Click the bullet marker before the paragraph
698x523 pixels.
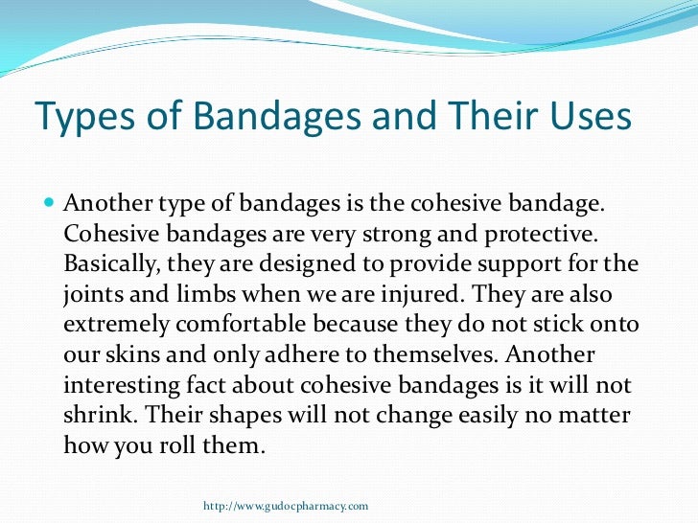coord(50,205)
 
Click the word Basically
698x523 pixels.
coord(107,264)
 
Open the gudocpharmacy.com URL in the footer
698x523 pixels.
coord(287,505)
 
